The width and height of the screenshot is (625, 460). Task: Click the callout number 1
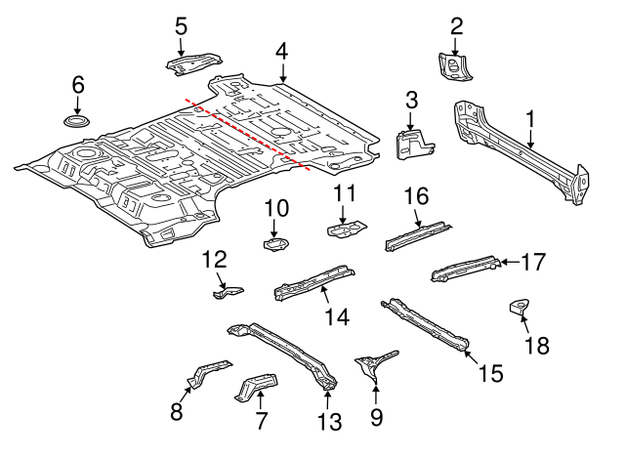pyautogui.click(x=531, y=119)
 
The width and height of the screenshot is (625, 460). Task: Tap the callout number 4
pyautogui.click(x=281, y=51)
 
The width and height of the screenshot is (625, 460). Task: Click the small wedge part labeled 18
pyautogui.click(x=520, y=309)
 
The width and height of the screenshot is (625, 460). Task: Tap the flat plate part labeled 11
pyautogui.click(x=345, y=230)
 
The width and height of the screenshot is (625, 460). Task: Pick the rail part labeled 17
pyautogui.click(x=465, y=266)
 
